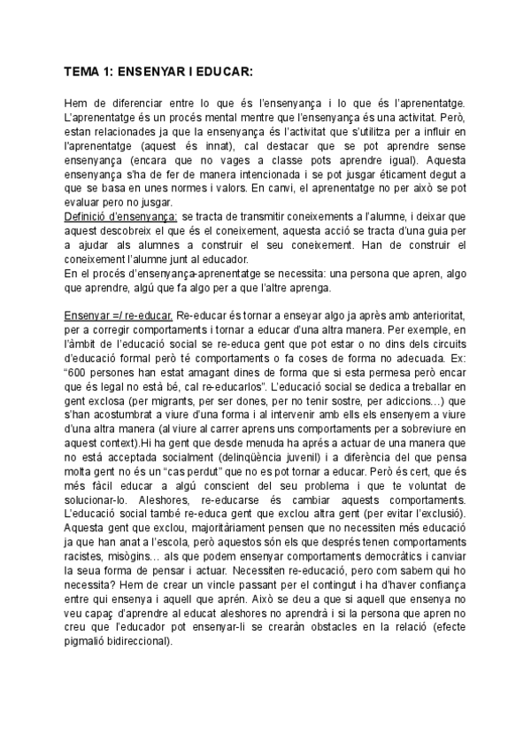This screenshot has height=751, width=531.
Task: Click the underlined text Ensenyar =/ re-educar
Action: (x=119, y=316)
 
